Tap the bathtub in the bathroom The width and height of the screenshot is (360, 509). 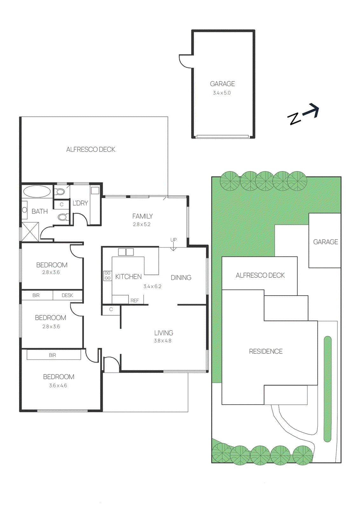coord(37,192)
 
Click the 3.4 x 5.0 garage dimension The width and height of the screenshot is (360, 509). coord(222,93)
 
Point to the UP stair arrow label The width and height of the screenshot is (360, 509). coord(173,240)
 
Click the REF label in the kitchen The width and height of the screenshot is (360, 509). coord(135,300)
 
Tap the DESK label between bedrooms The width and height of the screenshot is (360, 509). coord(67,295)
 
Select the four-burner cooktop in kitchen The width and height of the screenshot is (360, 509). coord(107,275)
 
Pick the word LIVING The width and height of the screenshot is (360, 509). coord(163,333)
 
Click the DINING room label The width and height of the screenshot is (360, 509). coord(181,277)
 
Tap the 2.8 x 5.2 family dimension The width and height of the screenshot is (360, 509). coord(142,224)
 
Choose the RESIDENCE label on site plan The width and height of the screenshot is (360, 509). coord(266,351)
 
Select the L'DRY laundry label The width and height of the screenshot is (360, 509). coord(80,203)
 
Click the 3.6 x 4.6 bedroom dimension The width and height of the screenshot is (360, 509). coord(58,386)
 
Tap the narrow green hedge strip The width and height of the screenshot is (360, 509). coord(327,389)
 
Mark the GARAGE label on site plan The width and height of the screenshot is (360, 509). coord(325,242)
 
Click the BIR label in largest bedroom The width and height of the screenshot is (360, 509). coord(52,355)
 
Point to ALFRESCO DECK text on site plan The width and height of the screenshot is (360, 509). coord(260,275)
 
